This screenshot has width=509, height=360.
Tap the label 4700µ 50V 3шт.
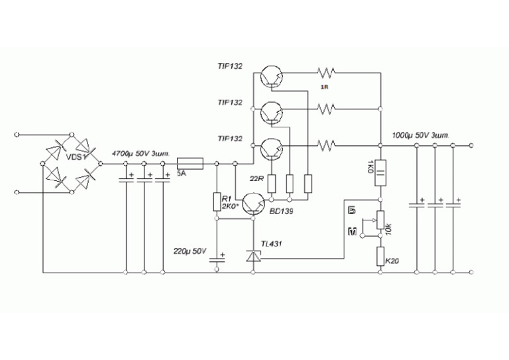(x=141, y=153)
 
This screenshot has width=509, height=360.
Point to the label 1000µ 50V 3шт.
(x=420, y=135)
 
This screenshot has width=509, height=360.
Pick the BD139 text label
(x=282, y=211)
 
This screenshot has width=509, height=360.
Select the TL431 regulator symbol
(x=252, y=257)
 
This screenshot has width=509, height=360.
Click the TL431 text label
(x=271, y=243)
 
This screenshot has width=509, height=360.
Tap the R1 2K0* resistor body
(x=216, y=202)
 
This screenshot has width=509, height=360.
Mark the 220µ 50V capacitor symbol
(x=216, y=259)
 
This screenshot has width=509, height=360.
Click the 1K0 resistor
(x=380, y=173)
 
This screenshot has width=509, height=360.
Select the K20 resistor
(x=380, y=255)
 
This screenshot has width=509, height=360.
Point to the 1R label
(x=324, y=88)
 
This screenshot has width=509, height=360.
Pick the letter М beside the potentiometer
(x=353, y=231)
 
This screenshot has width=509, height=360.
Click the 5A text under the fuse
(x=182, y=174)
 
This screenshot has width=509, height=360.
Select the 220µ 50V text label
(x=190, y=252)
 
